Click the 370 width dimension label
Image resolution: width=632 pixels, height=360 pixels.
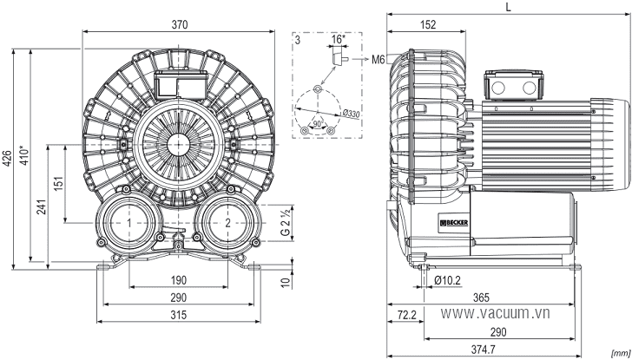[180, 24]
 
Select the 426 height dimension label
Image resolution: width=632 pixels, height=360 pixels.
[6, 159]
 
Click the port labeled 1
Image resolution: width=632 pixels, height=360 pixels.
[129, 223]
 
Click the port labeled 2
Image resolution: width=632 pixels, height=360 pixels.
[227, 223]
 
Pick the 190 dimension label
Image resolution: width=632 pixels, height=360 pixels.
[178, 280]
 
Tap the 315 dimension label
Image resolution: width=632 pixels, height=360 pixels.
[178, 315]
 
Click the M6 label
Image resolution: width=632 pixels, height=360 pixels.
[379, 60]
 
